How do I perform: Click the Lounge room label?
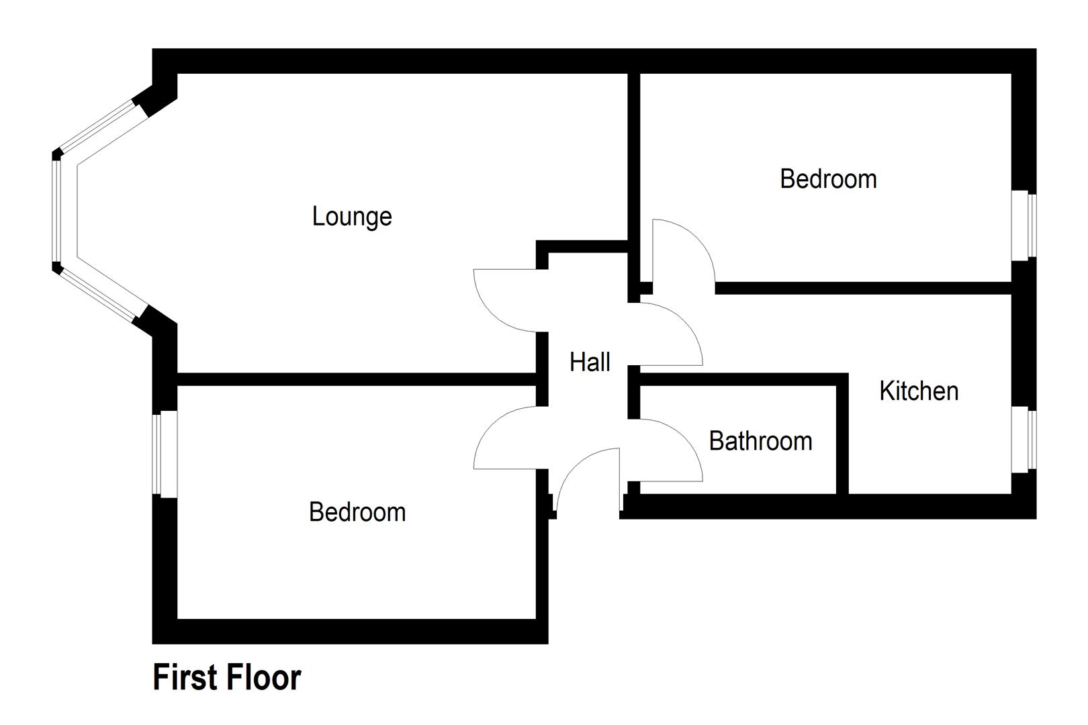pos(352,217)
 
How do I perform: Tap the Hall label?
pos(590,362)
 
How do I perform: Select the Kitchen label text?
pos(918,391)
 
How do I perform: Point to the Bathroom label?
pos(760,441)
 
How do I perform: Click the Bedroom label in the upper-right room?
pos(828,179)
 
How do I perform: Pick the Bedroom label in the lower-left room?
pos(357,512)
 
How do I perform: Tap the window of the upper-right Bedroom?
pos(1024,226)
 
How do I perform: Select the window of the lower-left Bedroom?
pos(165,454)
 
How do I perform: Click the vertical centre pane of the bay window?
pos(57,211)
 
